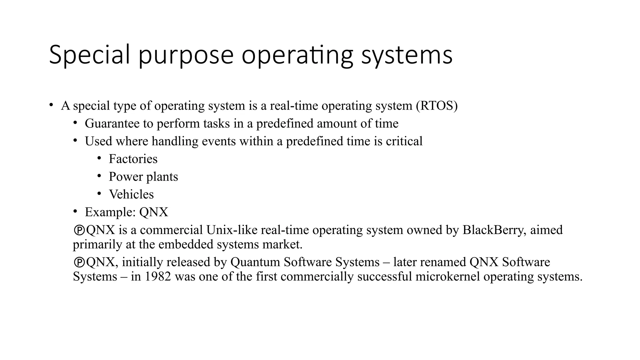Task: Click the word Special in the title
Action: [89, 55]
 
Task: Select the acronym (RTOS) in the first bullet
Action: [437, 106]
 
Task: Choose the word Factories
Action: [133, 159]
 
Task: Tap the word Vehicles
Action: [131, 194]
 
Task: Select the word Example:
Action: [110, 212]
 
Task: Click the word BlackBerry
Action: [492, 230]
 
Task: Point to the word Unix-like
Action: [232, 230]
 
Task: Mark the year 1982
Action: [157, 277]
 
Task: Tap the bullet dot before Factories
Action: [99, 158]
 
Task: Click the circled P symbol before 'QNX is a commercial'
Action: [79, 230]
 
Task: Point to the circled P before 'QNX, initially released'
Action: [79, 262]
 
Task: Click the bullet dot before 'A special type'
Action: [51, 105]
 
